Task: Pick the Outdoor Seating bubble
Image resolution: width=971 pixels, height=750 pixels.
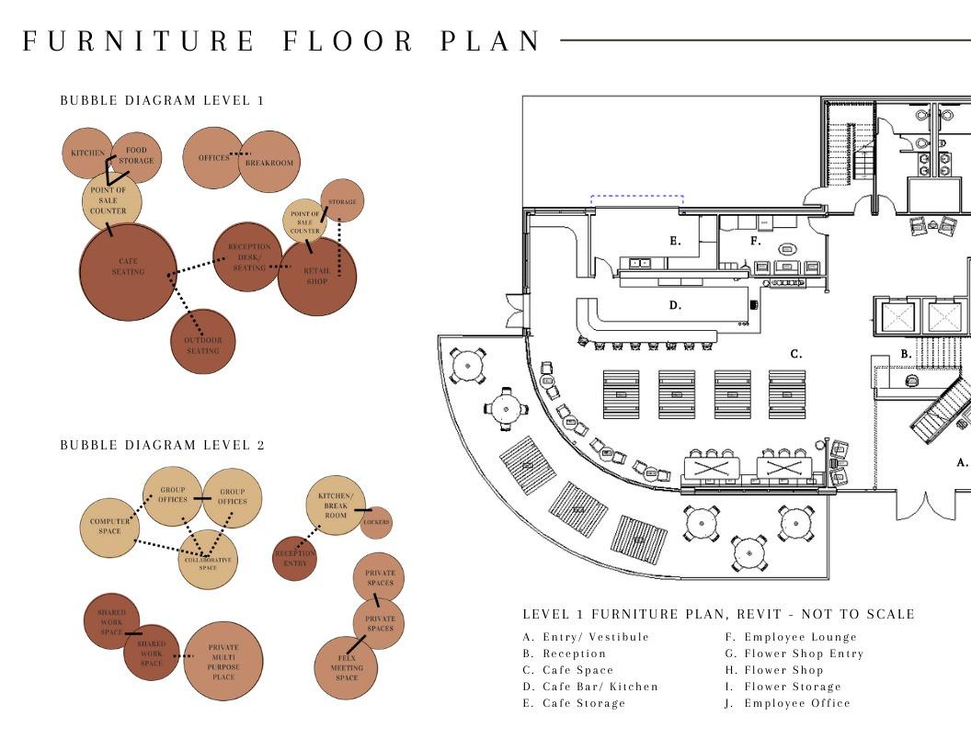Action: (x=202, y=342)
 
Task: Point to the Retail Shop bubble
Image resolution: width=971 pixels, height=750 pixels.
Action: (x=317, y=276)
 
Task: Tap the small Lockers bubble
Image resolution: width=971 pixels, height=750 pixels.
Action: (x=376, y=522)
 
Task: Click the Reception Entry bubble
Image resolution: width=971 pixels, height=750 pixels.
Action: (x=294, y=557)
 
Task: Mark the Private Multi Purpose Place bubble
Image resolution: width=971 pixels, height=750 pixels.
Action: (x=223, y=661)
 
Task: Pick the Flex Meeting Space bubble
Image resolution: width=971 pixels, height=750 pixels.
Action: (x=346, y=667)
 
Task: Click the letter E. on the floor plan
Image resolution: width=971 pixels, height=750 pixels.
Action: (x=676, y=241)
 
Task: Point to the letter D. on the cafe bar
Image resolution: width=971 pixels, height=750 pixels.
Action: (x=675, y=305)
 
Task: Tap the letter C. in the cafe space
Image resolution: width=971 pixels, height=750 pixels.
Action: (x=796, y=353)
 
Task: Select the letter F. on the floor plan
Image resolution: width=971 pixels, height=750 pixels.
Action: (x=756, y=241)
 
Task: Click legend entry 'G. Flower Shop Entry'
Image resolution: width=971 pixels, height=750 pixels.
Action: (x=794, y=653)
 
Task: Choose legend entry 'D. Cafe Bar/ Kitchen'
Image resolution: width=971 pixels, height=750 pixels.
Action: (x=590, y=687)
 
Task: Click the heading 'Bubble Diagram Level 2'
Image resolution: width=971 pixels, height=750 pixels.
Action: (x=162, y=445)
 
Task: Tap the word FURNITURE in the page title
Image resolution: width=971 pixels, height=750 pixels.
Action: (x=139, y=41)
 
